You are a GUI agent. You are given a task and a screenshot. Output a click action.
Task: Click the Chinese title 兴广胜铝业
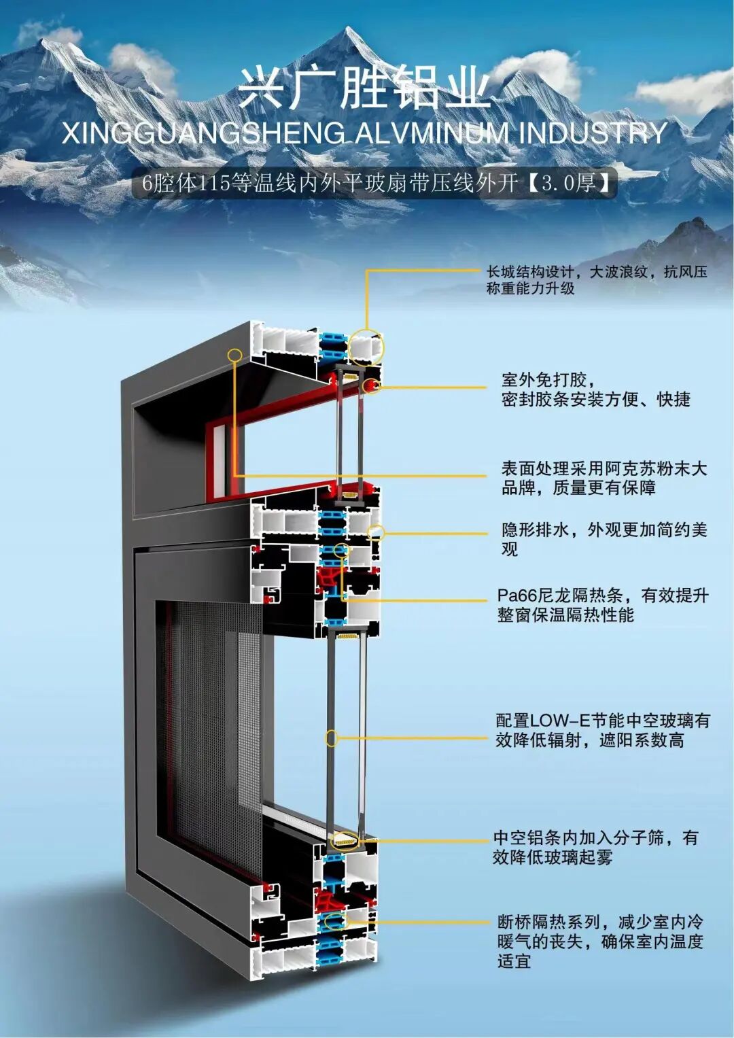coord(364,88)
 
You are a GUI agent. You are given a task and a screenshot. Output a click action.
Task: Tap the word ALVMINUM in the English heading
coord(432,133)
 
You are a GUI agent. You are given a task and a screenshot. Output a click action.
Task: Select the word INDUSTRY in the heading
coord(593,133)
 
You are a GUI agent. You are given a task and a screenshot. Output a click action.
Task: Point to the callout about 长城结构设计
coord(596,280)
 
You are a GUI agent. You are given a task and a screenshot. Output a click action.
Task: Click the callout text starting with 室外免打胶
coord(595,390)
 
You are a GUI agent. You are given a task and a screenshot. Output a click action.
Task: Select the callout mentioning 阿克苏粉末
coord(604,478)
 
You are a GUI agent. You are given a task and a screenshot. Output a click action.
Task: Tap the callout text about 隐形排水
coord(604,538)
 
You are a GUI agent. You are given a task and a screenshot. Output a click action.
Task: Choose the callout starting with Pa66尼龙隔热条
coord(602,605)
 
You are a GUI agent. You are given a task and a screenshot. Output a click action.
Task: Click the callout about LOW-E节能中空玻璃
coord(602,729)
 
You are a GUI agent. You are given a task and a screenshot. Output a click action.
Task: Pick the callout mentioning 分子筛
coord(595,847)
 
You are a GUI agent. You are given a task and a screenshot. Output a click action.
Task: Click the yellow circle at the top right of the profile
coord(368,346)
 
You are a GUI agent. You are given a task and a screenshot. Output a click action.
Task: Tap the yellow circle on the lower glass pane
coord(332,738)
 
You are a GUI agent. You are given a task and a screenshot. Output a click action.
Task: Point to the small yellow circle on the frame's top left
coord(235,355)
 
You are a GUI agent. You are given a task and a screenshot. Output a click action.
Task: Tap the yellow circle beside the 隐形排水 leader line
coord(376,532)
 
